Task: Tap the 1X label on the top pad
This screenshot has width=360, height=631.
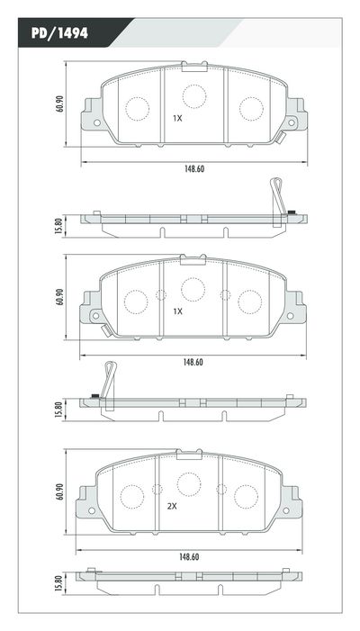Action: click(x=177, y=118)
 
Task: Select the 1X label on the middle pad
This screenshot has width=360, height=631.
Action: click(x=177, y=311)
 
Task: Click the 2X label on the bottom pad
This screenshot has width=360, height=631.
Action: click(x=172, y=506)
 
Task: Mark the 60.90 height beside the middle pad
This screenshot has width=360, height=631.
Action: click(x=59, y=297)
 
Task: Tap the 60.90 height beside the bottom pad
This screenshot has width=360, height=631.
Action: click(x=59, y=491)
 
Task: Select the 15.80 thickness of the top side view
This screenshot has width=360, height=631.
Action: click(x=59, y=224)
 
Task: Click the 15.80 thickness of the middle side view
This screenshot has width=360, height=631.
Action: click(x=59, y=410)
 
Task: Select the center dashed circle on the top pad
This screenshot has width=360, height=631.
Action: click(x=193, y=95)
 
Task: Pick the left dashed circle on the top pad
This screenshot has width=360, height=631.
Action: click(x=137, y=109)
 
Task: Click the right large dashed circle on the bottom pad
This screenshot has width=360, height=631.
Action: click(x=246, y=495)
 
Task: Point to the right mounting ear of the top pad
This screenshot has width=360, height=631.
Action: click(x=294, y=118)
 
